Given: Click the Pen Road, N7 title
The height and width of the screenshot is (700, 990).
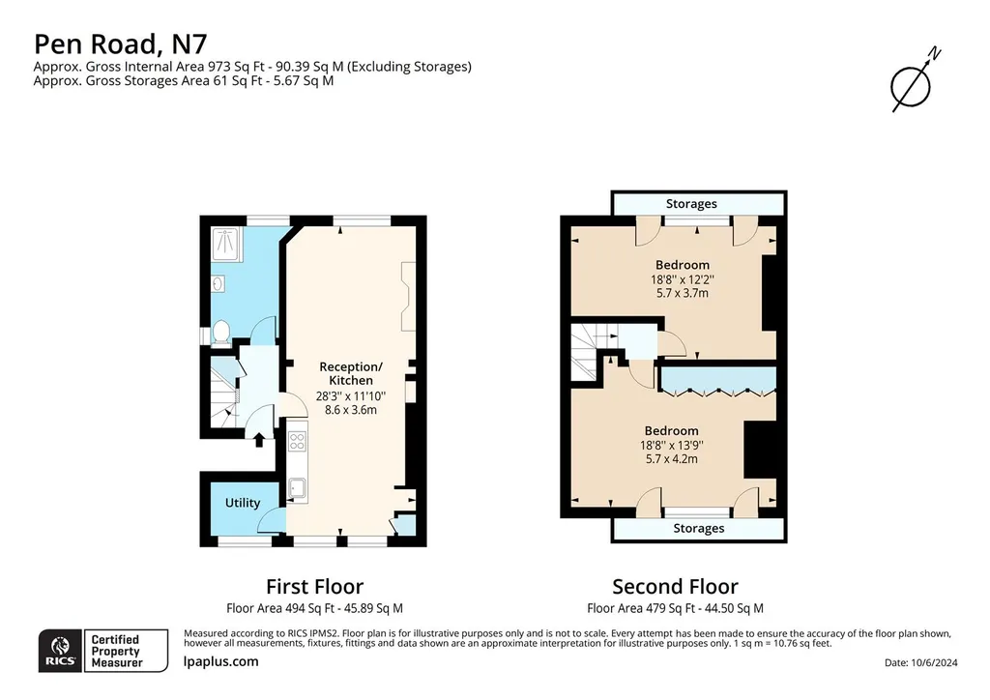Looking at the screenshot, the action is coord(120,44).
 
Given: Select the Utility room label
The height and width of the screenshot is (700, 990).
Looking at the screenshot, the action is coord(243,503).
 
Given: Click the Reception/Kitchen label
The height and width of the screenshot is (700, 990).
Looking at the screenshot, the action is coord(350,373).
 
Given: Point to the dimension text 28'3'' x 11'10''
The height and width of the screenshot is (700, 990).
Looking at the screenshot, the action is coord(350,396).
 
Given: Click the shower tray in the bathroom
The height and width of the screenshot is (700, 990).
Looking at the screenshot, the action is coord(224,245).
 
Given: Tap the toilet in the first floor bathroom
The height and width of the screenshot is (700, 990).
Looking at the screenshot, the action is coord(220,332).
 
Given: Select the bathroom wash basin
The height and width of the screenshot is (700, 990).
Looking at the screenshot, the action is coord(218,284).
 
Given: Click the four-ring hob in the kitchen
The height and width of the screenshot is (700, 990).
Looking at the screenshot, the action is coord(298,441).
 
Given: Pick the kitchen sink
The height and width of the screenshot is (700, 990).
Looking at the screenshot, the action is coord(298,488).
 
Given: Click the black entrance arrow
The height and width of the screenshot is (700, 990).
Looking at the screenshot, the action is coord(259,439).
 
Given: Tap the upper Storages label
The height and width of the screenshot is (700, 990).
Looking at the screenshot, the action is coord(691,204).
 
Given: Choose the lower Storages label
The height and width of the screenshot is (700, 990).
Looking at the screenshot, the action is coord(698,528).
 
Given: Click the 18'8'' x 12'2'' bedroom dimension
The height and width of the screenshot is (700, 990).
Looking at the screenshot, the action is coord(682,279).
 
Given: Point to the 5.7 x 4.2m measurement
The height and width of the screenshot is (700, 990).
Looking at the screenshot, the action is coord(671,459).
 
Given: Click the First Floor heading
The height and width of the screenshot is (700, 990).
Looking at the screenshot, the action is coord(314,586).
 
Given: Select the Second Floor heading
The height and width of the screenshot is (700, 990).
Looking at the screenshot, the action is coord(675,586).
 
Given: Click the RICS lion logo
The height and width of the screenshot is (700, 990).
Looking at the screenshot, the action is coord(61,651).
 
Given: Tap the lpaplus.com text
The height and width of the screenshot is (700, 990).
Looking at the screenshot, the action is coord(221,661).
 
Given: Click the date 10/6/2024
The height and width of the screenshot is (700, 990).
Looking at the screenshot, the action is coord(935,662).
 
